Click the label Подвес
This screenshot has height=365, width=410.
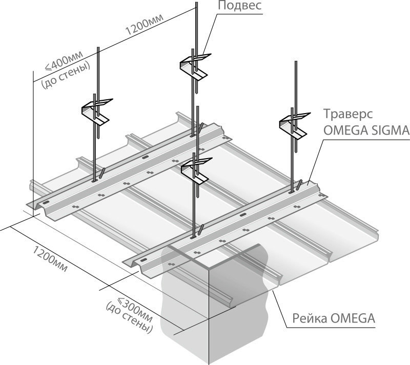coord(240,7)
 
